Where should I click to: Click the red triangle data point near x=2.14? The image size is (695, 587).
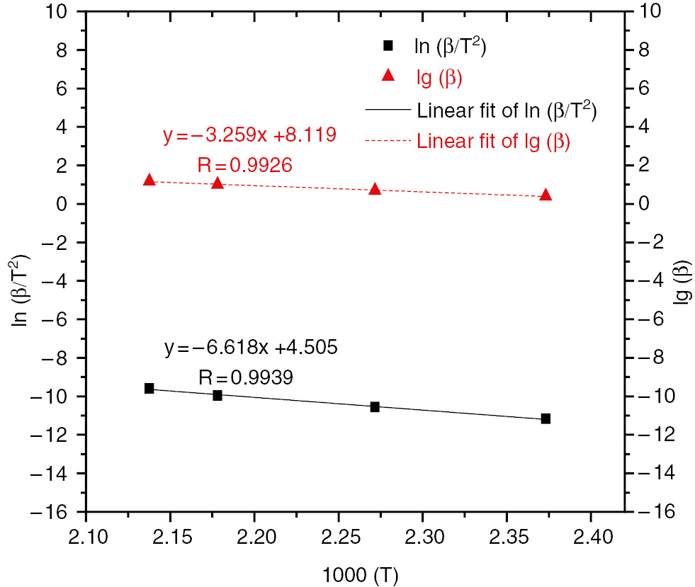pos(149,180)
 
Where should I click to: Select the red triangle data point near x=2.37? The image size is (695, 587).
pos(546,195)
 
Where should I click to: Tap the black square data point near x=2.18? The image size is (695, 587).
pos(217,395)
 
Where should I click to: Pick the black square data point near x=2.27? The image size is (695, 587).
pos(375,406)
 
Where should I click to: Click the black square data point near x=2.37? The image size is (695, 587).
pos(546,418)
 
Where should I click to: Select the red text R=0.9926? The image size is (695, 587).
pos(245,165)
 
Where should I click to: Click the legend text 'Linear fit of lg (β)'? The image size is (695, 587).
pos(494,141)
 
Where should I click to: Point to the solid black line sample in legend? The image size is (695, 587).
pos(388,110)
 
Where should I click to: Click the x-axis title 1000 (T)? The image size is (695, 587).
pos(356,571)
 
